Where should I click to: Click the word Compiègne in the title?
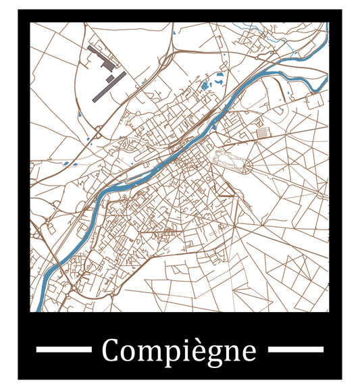179,351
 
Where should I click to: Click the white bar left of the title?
63,349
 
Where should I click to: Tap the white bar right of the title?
296,349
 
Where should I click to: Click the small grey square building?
109,79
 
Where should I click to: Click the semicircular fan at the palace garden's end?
247,165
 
